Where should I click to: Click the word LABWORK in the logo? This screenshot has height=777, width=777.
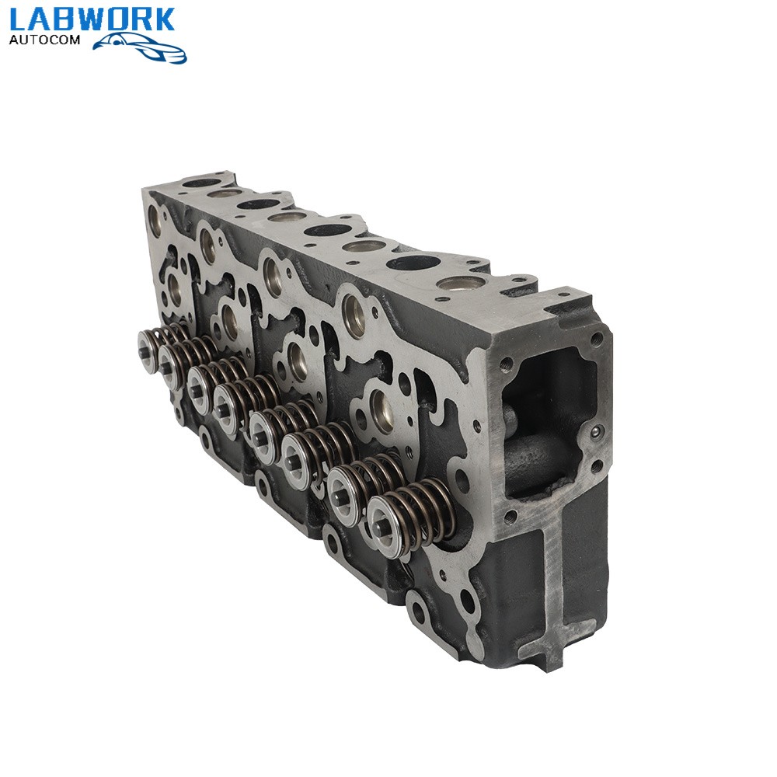click(x=92, y=20)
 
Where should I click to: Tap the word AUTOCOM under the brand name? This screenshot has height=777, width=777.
click(x=44, y=40)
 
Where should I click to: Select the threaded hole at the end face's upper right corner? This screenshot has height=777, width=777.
click(x=596, y=339)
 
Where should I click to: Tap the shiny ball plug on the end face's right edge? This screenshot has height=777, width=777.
click(x=596, y=433)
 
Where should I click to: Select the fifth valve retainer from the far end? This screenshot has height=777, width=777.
click(x=265, y=427)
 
